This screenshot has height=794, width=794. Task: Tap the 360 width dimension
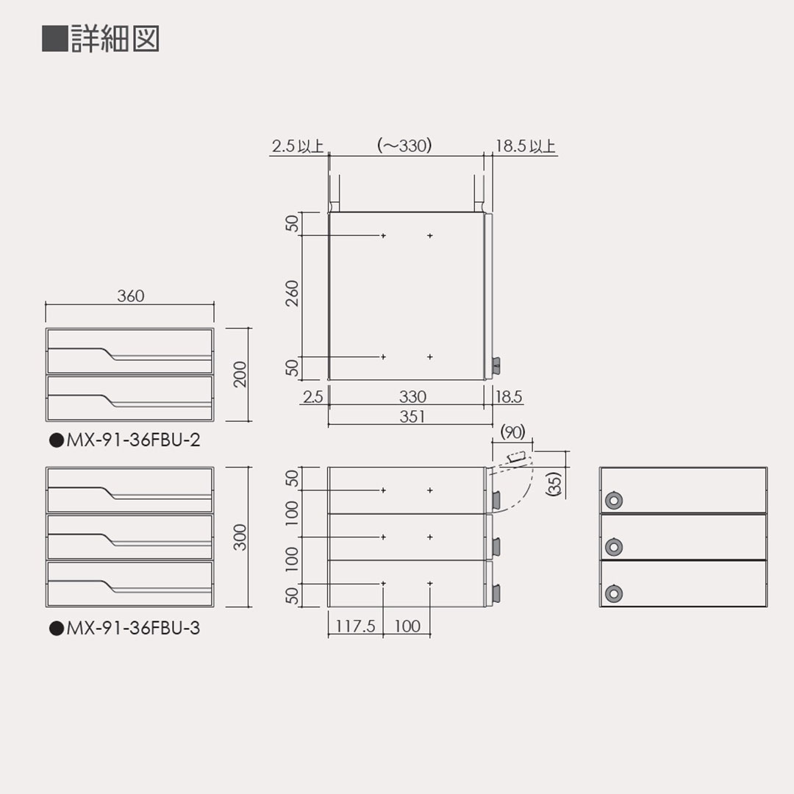(x=131, y=296)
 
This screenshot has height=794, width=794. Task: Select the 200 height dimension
(x=240, y=374)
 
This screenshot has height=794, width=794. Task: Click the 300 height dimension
(x=240, y=537)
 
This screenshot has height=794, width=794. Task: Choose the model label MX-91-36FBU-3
(x=124, y=629)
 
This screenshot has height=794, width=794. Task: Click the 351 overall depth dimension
(x=412, y=416)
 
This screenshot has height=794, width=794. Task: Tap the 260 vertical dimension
(x=293, y=294)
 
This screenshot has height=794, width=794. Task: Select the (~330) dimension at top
(x=404, y=146)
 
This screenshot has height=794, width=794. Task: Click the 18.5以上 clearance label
(x=525, y=146)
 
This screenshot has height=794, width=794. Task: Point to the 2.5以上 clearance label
(x=298, y=146)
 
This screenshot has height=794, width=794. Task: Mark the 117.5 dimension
(x=356, y=626)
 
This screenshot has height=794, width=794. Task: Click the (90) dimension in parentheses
(x=512, y=432)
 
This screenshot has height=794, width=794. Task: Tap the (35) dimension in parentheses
(x=555, y=483)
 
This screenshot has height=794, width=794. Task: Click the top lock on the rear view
(x=612, y=501)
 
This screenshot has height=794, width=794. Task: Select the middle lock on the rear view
(x=612, y=547)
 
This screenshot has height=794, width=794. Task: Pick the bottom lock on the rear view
(x=612, y=593)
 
